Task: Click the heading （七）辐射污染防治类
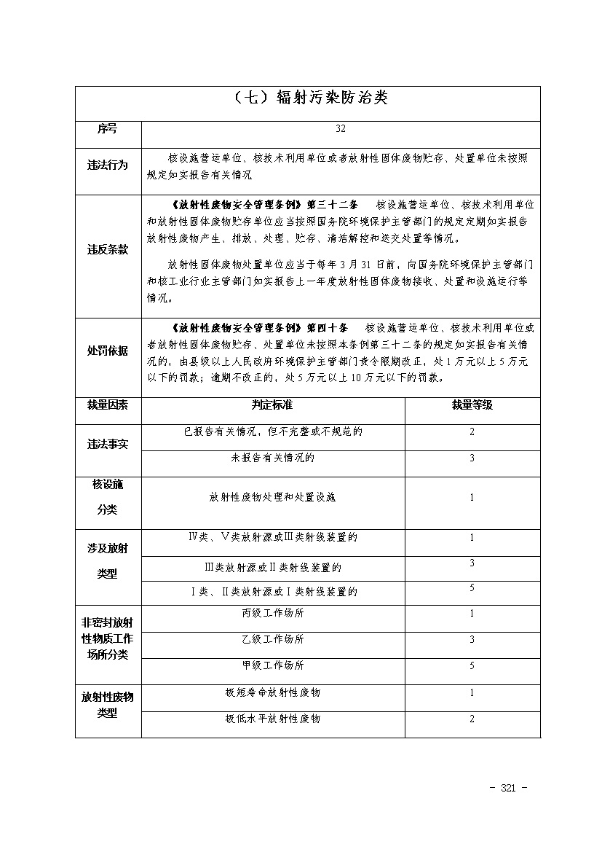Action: pos(307,98)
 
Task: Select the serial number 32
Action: pos(341,129)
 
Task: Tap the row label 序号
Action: pos(108,129)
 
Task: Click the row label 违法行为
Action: pos(108,165)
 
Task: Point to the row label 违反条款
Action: pos(108,249)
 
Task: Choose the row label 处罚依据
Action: pos(108,351)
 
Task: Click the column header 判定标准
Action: pos(272,404)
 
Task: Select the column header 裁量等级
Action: pos(472,404)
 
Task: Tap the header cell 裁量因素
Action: pos(108,404)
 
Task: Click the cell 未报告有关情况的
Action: pos(272,458)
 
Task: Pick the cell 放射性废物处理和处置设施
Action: pos(272,498)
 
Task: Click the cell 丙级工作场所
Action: pos(272,613)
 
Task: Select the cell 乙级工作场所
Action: pos(272,639)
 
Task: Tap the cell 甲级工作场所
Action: pos(272,665)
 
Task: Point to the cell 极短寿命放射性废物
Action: pos(272,692)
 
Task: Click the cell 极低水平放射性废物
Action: pos(272,719)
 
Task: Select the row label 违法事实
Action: pos(108,445)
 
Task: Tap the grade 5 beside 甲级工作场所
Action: pos(472,665)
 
